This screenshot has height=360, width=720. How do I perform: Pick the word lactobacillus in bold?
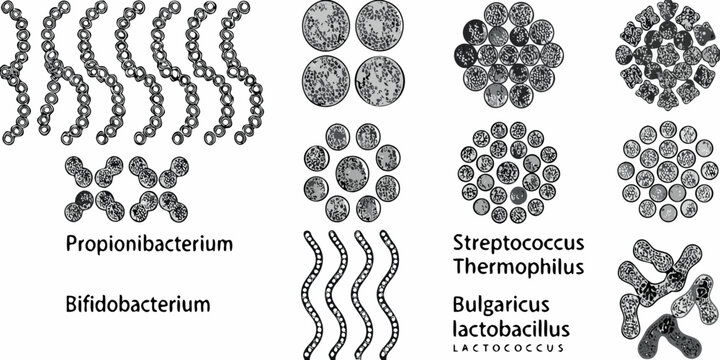click(511, 327)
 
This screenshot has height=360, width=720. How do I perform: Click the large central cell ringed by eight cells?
click(351, 172)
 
